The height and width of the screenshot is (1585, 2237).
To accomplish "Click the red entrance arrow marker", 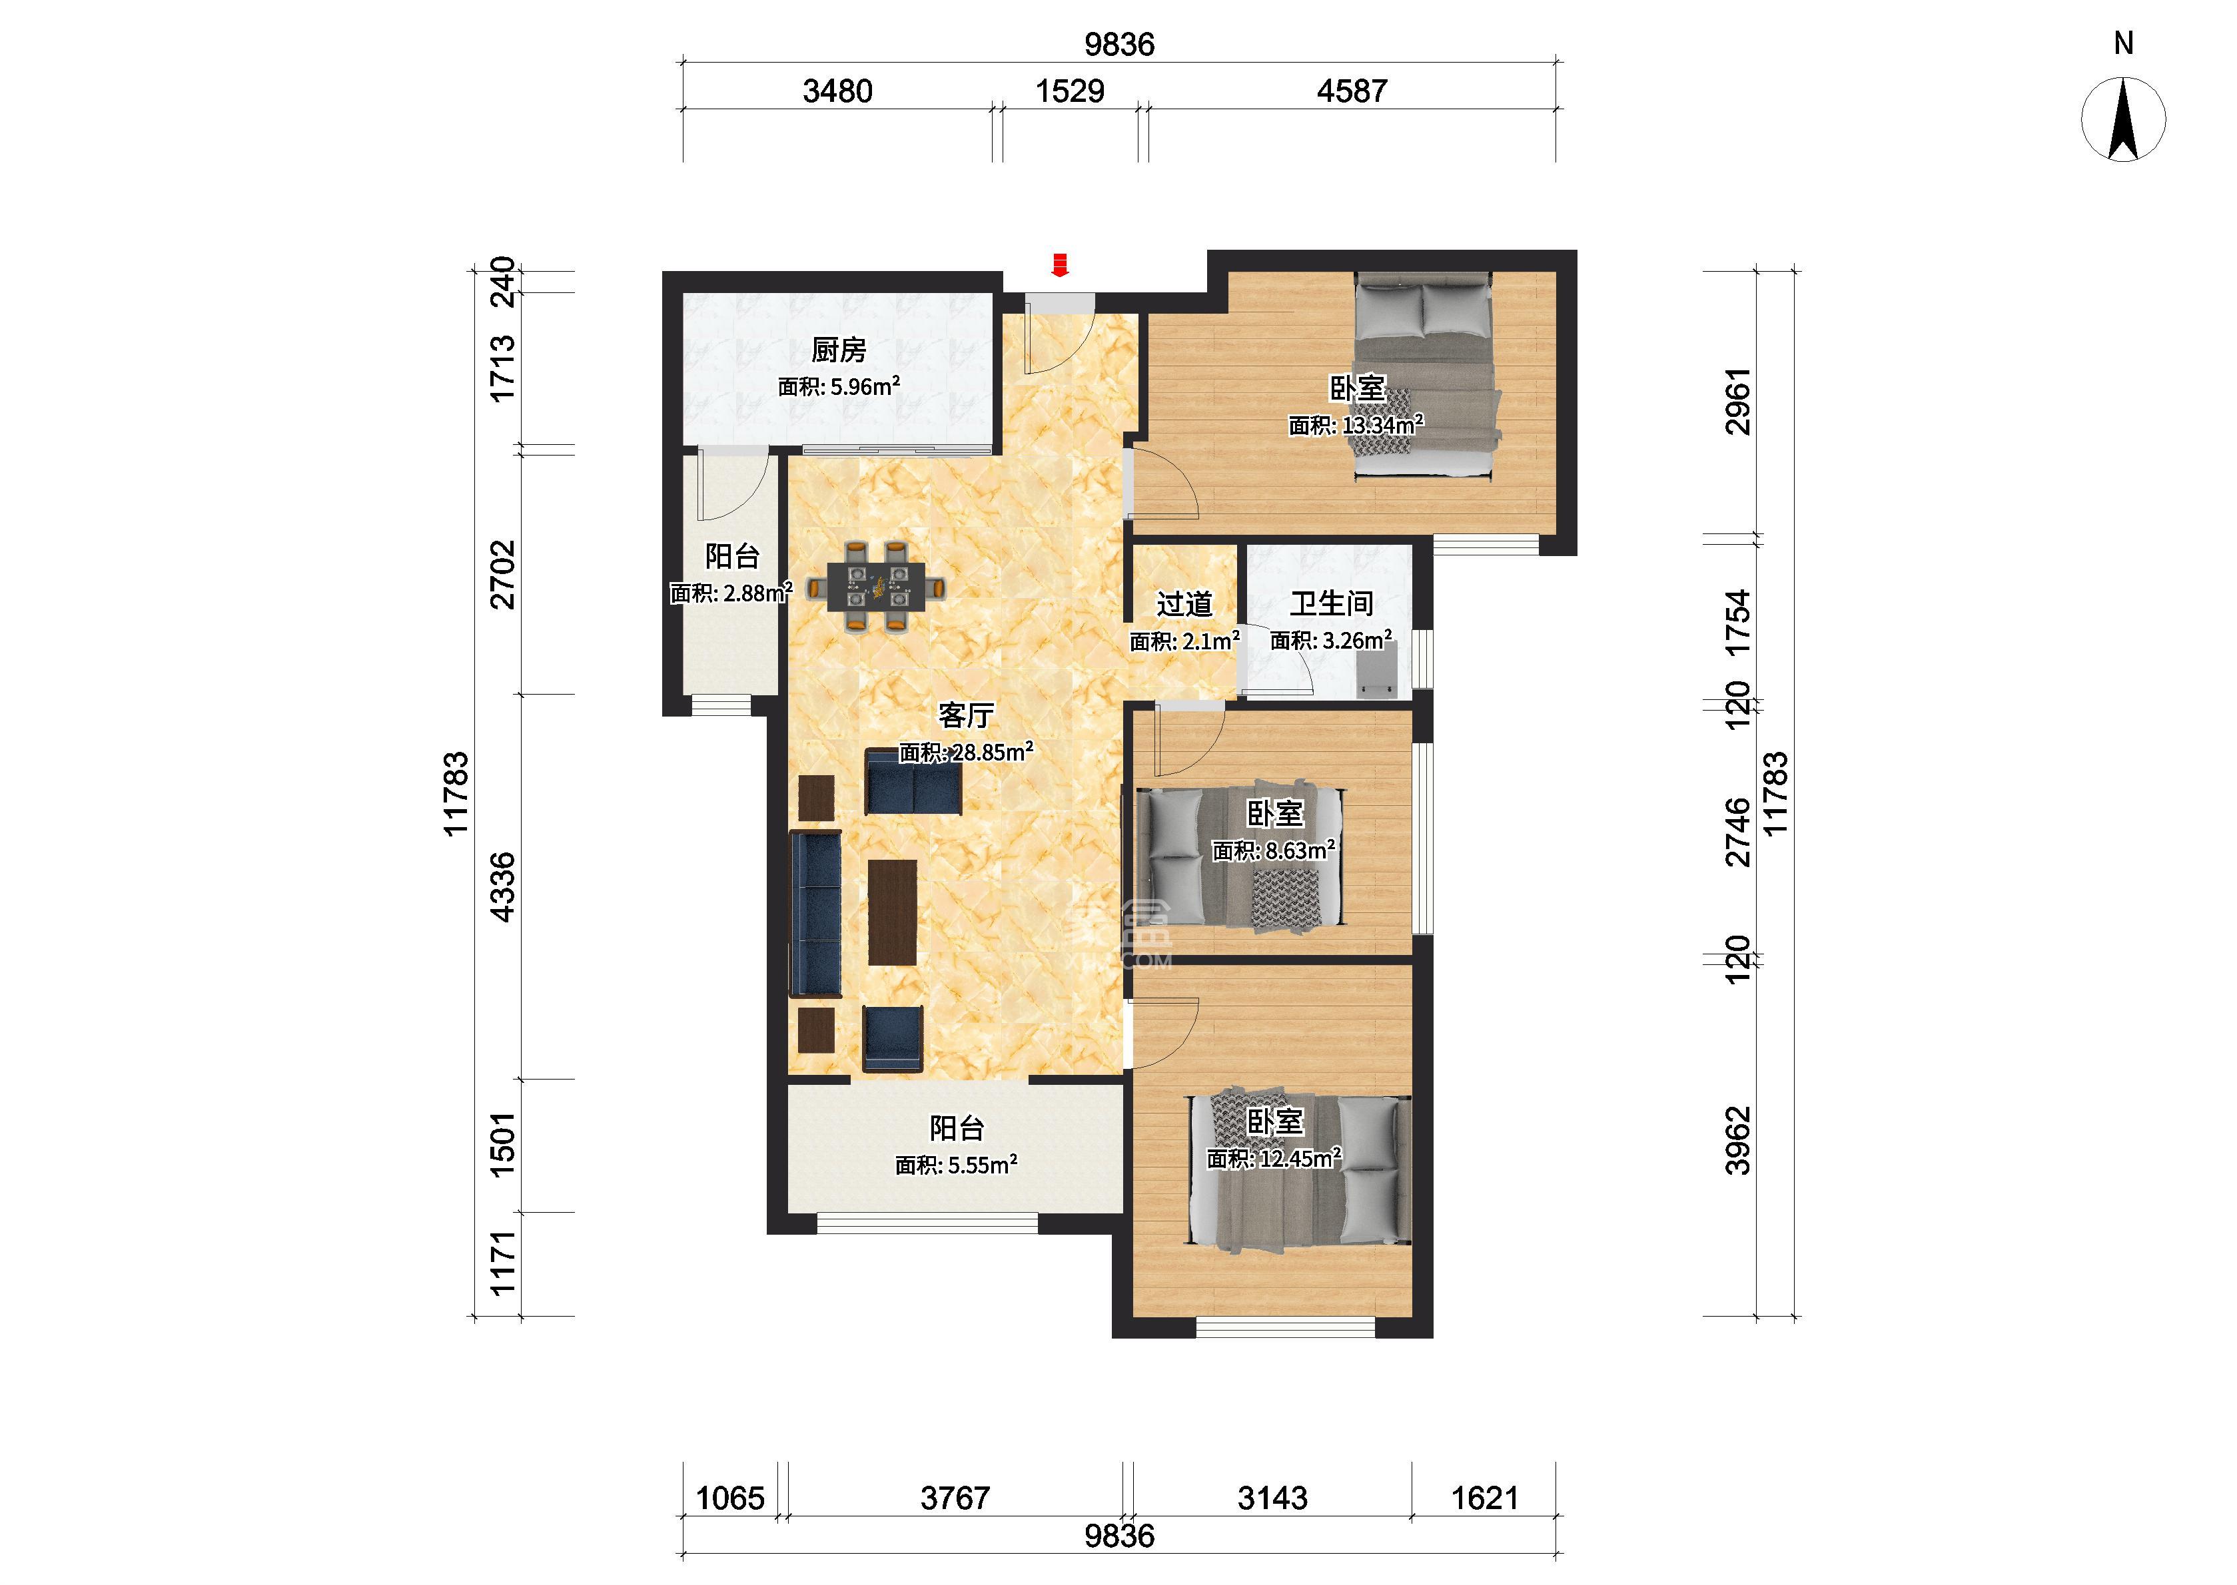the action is click(1060, 264).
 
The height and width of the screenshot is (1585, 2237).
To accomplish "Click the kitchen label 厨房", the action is click(839, 350).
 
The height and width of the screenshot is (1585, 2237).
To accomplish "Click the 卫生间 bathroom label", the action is click(1331, 604).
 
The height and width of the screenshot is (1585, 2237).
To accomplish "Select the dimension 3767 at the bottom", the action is click(955, 1498).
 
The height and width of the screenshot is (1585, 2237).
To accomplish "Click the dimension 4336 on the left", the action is click(502, 886).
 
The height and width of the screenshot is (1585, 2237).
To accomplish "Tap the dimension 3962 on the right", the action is click(1738, 1140).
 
